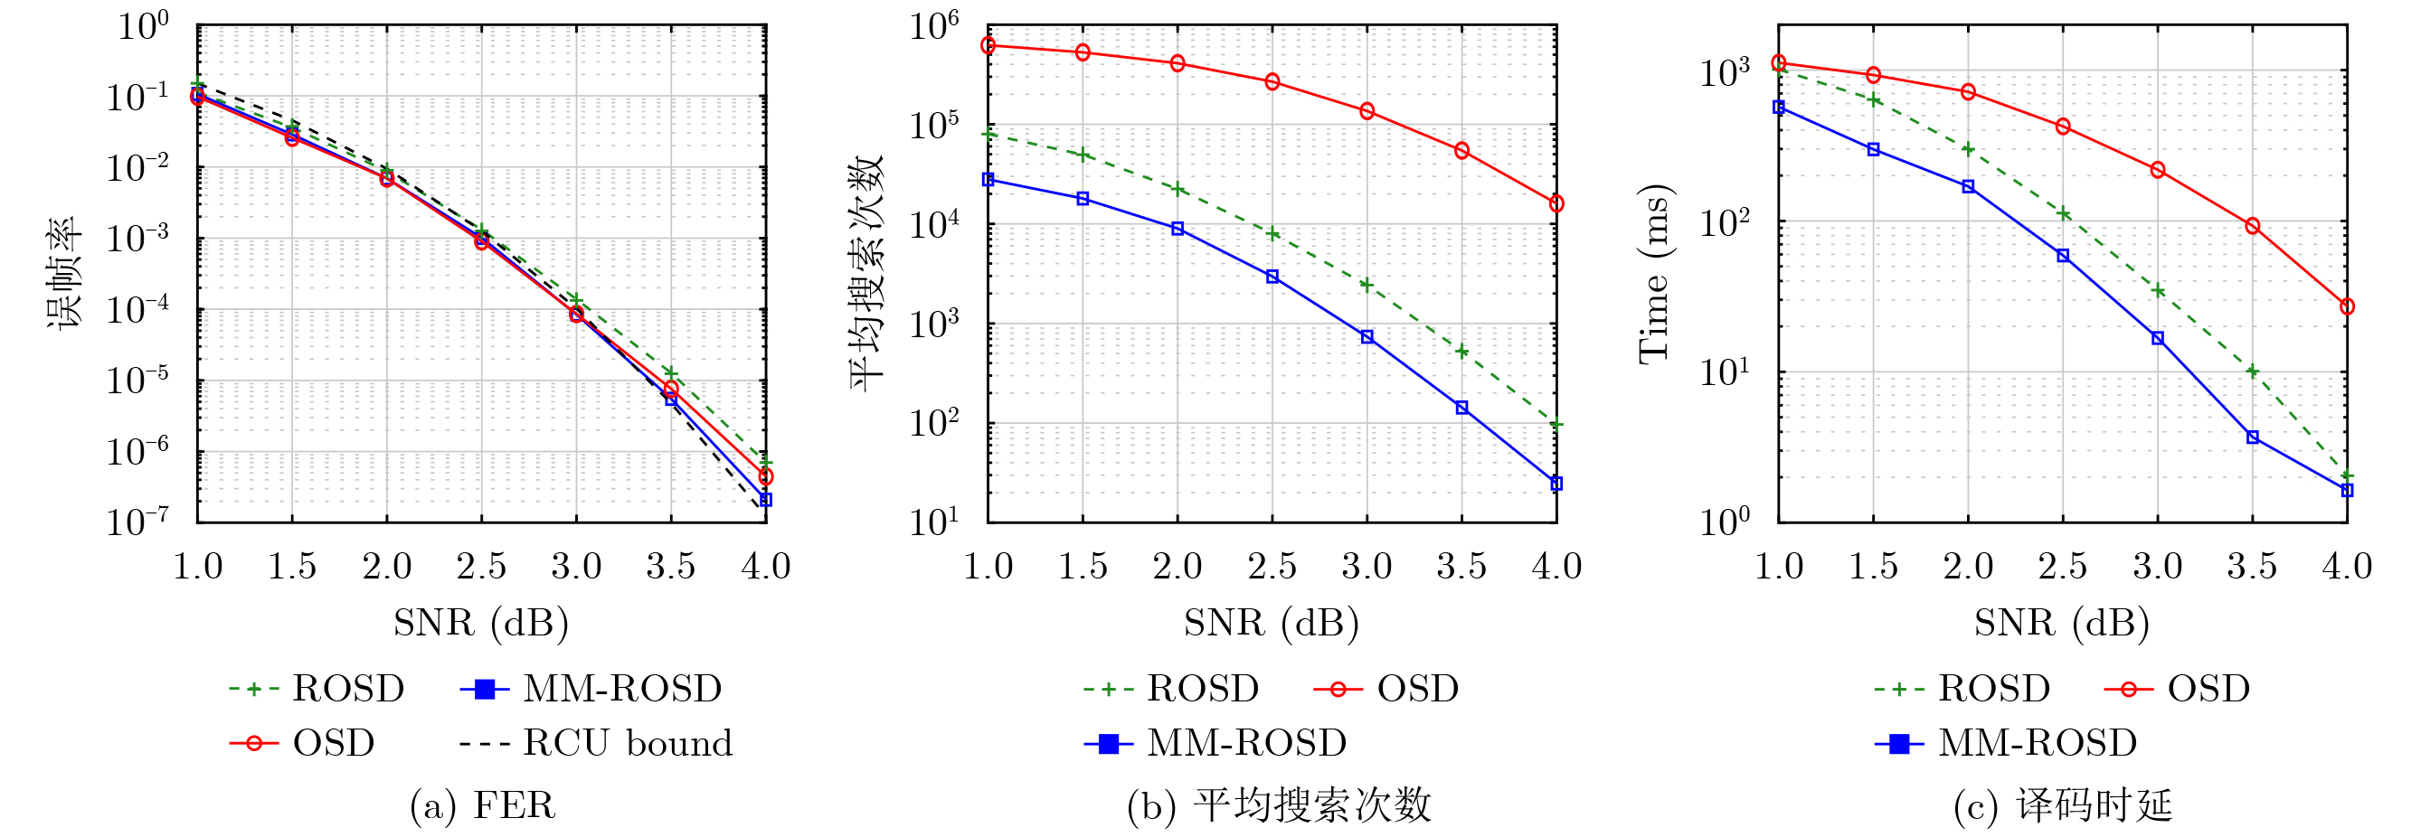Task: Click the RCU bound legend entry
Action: [x=596, y=743]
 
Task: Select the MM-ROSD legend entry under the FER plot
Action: [x=591, y=689]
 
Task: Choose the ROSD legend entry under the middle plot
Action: [x=1171, y=689]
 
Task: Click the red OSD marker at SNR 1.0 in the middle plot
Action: [x=988, y=45]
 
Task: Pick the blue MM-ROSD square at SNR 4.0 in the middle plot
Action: [x=1556, y=484]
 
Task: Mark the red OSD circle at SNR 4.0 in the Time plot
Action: [x=2347, y=307]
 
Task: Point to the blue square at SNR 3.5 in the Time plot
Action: [x=2253, y=437]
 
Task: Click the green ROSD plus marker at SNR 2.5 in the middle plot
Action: [x=1272, y=234]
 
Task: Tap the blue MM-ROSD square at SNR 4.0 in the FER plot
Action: [x=766, y=500]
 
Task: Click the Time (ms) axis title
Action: [x=1654, y=273]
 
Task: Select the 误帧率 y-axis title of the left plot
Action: [x=64, y=273]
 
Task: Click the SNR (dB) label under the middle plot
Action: [x=1271, y=623]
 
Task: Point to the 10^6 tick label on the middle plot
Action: [x=933, y=26]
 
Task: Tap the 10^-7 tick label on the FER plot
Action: [x=137, y=522]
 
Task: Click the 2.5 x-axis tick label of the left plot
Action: [x=481, y=567]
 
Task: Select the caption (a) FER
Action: [x=482, y=806]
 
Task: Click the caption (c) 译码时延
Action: [x=2062, y=806]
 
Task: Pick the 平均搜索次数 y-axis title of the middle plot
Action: [x=866, y=273]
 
